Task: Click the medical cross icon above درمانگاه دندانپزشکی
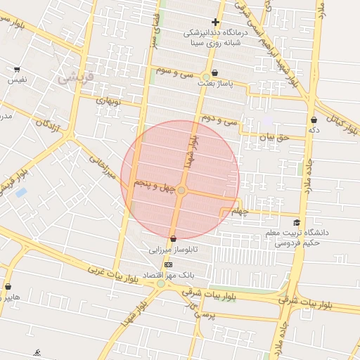(215, 22)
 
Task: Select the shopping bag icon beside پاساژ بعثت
(214, 72)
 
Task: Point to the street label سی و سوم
(175, 73)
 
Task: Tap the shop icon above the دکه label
(313, 120)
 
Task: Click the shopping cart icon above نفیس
(16, 70)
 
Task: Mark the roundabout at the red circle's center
(181, 191)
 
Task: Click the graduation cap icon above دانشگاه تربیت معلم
(305, 222)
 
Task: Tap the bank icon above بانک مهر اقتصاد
(167, 264)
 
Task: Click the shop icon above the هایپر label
(8, 287)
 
